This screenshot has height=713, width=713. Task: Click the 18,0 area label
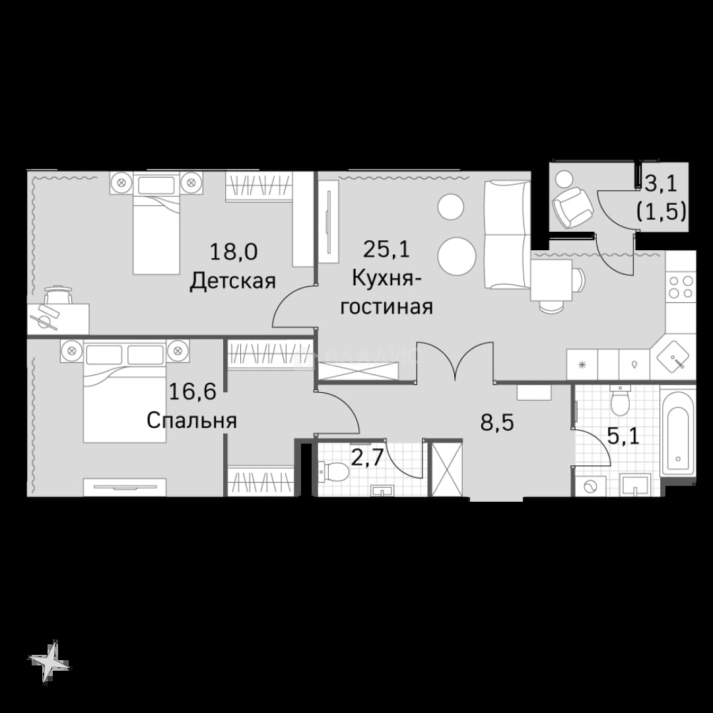pyautogui.click(x=233, y=252)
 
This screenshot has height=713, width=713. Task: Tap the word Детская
pyautogui.click(x=233, y=281)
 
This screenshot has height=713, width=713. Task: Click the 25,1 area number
pyautogui.click(x=386, y=249)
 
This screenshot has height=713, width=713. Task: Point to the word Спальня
pyautogui.click(x=192, y=421)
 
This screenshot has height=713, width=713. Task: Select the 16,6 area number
pyautogui.click(x=192, y=391)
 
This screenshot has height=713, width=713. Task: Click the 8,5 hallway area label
pyautogui.click(x=497, y=423)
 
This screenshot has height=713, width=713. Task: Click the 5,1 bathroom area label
pyautogui.click(x=623, y=436)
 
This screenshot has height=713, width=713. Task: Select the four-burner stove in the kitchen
pyautogui.click(x=681, y=287)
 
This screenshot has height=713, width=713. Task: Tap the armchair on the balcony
pyautogui.click(x=572, y=207)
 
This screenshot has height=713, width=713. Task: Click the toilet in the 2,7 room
pyautogui.click(x=334, y=471)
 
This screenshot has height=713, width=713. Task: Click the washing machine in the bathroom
pyautogui.click(x=590, y=486)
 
